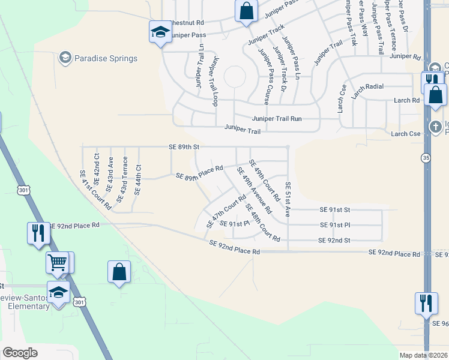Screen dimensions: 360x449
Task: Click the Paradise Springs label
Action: pos(106,58)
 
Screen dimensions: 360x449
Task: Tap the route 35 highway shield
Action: pos(426,158)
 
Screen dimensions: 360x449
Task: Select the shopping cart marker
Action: pos(58,262)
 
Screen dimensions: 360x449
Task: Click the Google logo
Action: pos(20,353)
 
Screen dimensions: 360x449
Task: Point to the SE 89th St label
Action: pos(183,146)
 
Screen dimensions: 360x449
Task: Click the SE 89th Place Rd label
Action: pos(199,173)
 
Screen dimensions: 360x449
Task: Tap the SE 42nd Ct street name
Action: pos(97,172)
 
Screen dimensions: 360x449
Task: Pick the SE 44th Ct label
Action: pos(138,179)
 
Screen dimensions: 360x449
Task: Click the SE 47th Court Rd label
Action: pos(226,211)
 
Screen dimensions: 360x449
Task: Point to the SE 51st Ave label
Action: pos(288,199)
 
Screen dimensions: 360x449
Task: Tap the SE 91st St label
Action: pos(335,210)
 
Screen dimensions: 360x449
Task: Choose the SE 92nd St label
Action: pos(335,240)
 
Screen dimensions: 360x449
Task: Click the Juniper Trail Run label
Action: pos(277,118)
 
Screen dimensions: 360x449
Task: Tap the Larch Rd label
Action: pos(406,100)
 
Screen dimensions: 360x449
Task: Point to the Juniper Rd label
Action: pos(405,56)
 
